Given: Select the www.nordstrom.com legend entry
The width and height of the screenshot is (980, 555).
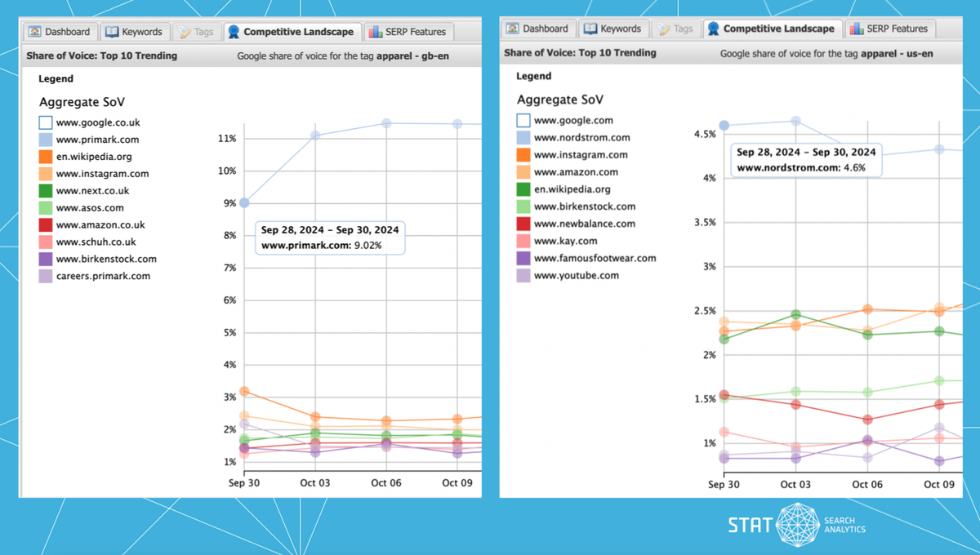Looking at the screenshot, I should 581,138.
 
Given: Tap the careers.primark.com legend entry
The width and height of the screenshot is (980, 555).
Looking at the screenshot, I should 103,276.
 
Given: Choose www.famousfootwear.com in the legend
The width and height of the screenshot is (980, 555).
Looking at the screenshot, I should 595,258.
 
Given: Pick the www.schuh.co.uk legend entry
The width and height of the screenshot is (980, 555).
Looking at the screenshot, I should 96,242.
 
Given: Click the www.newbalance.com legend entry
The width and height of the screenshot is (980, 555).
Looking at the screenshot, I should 584,224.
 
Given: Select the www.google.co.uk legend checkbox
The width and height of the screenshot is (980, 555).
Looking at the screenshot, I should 46,123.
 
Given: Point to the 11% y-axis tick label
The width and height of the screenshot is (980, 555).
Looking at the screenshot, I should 226,139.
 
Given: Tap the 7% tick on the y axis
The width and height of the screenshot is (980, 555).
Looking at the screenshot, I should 229,268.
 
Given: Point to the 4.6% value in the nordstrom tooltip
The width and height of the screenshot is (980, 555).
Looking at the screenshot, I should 853,167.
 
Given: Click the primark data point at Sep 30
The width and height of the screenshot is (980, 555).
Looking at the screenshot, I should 244,202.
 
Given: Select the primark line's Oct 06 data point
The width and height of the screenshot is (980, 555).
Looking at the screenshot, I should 386,123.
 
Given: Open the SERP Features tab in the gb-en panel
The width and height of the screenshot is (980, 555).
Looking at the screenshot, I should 408,32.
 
